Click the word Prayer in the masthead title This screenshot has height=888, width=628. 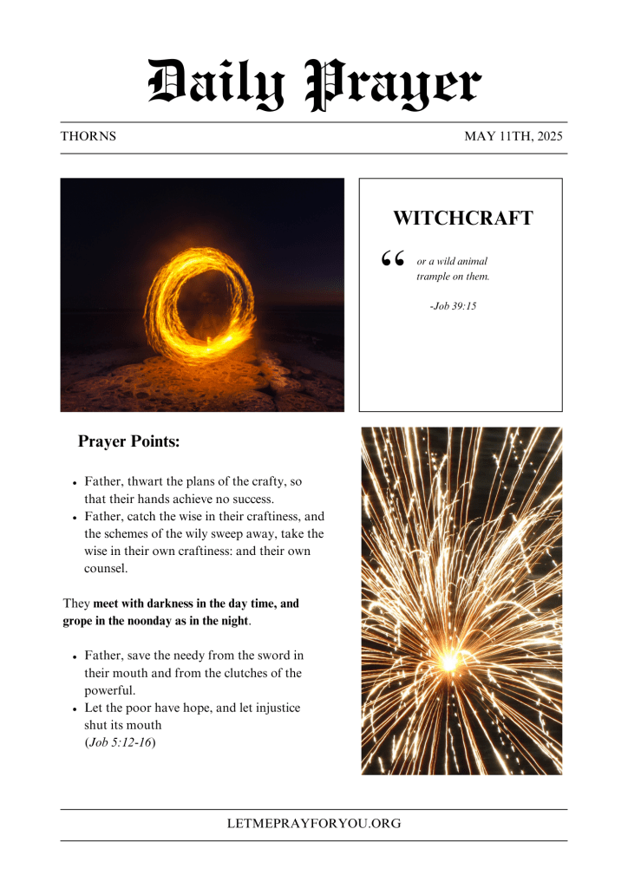click(x=395, y=85)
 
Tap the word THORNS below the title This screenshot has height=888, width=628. click(x=88, y=137)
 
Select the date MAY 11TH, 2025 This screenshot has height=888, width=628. click(x=514, y=137)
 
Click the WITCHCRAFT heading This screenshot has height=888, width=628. click(x=462, y=219)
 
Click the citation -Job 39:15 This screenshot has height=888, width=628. click(x=453, y=306)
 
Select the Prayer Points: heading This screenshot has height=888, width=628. click(x=128, y=441)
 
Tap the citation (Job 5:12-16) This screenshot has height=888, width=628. click(x=120, y=742)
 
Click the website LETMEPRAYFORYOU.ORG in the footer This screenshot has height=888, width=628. click(x=314, y=824)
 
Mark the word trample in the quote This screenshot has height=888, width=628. click(x=435, y=277)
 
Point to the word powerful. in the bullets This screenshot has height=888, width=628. click(x=110, y=690)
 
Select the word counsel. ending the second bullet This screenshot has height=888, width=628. click(x=106, y=568)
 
